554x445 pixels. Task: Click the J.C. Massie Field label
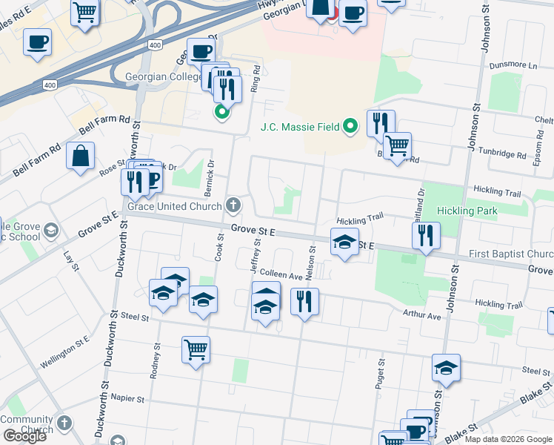pyautogui.click(x=300, y=127)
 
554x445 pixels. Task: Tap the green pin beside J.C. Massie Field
pyautogui.click(x=352, y=128)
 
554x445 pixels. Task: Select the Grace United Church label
pyautogui.click(x=175, y=205)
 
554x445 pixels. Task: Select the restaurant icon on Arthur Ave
pyautogui.click(x=304, y=301)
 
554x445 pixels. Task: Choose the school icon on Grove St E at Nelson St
pyautogui.click(x=344, y=242)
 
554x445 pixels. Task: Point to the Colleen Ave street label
pyautogui.click(x=281, y=275)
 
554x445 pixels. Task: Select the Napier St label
pyautogui.click(x=127, y=398)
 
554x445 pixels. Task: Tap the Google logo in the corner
pyautogui.click(x=24, y=436)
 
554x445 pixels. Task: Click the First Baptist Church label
pyautogui.click(x=511, y=254)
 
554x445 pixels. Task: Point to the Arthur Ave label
pyautogui.click(x=422, y=316)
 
